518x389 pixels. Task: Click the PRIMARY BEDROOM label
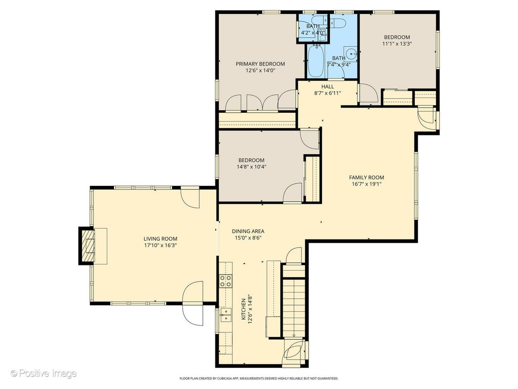click(260, 64)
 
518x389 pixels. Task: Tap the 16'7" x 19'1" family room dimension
click(366, 184)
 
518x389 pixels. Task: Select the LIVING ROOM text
click(161, 239)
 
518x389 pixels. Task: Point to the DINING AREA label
click(248, 231)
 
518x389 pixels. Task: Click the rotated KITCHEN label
click(243, 309)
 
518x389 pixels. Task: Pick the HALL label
click(328, 87)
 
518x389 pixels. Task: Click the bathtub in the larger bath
click(316, 61)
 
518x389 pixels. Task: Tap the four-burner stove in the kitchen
click(225, 281)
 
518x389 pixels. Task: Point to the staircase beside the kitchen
click(294, 309)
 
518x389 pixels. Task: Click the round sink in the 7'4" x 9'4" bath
click(351, 54)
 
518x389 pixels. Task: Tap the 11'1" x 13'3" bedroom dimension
click(397, 44)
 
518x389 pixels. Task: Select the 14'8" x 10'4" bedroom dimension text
click(252, 167)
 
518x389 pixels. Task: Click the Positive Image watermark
click(44, 373)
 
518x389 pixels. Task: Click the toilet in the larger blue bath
click(338, 22)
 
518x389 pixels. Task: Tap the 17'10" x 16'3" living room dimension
click(161, 246)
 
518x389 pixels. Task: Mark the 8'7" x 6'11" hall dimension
click(328, 93)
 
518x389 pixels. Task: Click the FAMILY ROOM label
click(366, 177)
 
